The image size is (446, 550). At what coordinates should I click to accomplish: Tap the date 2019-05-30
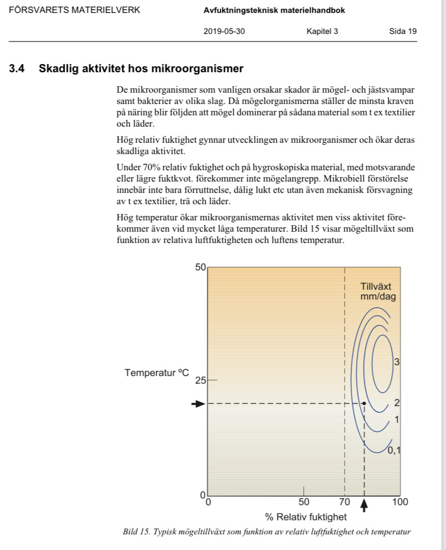tap(224, 31)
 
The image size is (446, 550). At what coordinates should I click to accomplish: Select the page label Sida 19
tap(402, 31)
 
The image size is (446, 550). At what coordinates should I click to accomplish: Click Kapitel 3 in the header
tap(322, 31)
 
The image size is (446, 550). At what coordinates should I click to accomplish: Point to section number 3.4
tap(17, 69)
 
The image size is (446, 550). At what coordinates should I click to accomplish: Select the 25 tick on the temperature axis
tap(200, 380)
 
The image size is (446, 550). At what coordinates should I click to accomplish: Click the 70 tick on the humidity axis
tap(344, 503)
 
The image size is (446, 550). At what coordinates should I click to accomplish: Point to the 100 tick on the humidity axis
tap(400, 503)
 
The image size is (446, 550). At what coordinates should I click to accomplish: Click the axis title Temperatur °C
tap(157, 373)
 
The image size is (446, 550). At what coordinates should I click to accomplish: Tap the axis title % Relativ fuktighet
tap(305, 517)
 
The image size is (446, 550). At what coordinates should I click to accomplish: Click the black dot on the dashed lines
tap(364, 403)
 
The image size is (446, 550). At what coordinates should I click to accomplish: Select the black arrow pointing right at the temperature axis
tap(199, 403)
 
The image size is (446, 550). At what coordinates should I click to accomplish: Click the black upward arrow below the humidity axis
tap(364, 504)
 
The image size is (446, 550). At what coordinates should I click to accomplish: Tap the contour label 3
tap(396, 361)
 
